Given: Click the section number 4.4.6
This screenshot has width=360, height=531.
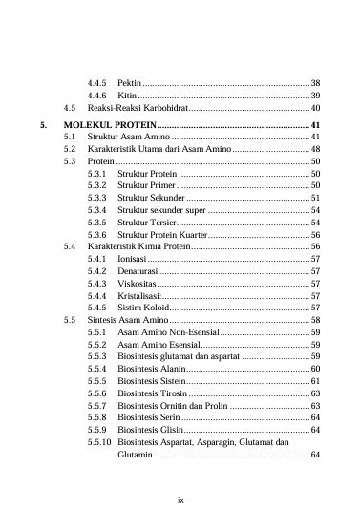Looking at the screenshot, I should (95, 96).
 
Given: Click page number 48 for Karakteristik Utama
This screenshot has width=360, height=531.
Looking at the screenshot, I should (315, 151).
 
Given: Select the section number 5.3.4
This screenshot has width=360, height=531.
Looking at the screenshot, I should (95, 209).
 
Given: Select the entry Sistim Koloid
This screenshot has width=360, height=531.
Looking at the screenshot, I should (142, 308).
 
